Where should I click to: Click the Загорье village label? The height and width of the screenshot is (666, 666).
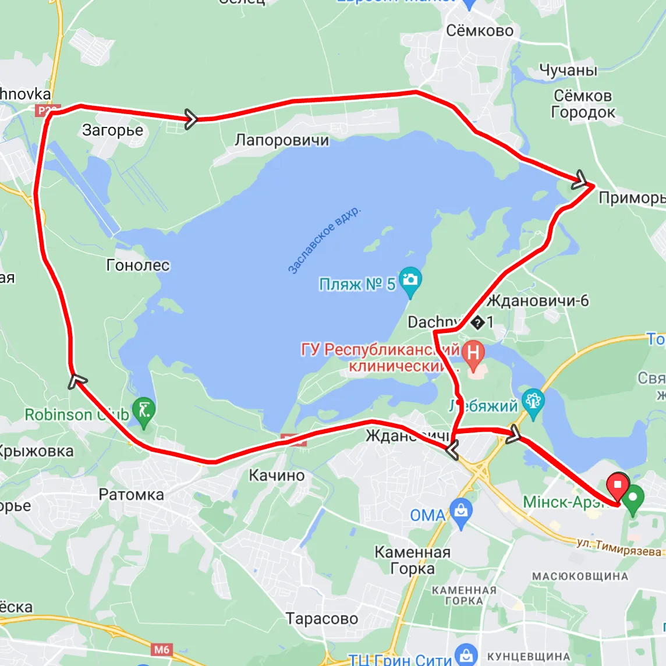click(x=112, y=130)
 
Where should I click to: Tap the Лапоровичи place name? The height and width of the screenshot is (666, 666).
click(x=282, y=140)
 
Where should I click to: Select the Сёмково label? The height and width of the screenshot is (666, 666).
click(x=480, y=31)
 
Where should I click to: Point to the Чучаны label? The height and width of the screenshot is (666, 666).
click(x=568, y=70)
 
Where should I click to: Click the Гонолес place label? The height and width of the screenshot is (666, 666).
click(x=138, y=265)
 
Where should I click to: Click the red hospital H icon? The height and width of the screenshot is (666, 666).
click(x=473, y=353)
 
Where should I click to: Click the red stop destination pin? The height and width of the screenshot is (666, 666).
click(x=617, y=485)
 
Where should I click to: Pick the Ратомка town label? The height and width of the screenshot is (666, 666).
click(x=131, y=495)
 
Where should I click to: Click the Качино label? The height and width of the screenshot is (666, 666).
click(x=277, y=476)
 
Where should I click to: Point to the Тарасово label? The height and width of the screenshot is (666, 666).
click(x=321, y=618)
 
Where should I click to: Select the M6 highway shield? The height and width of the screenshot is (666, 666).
click(x=161, y=649)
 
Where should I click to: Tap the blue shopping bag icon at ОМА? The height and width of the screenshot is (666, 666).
click(x=461, y=512)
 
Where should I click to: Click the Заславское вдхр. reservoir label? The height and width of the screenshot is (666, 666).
click(x=324, y=239)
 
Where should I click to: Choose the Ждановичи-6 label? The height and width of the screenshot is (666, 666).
click(x=537, y=301)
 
